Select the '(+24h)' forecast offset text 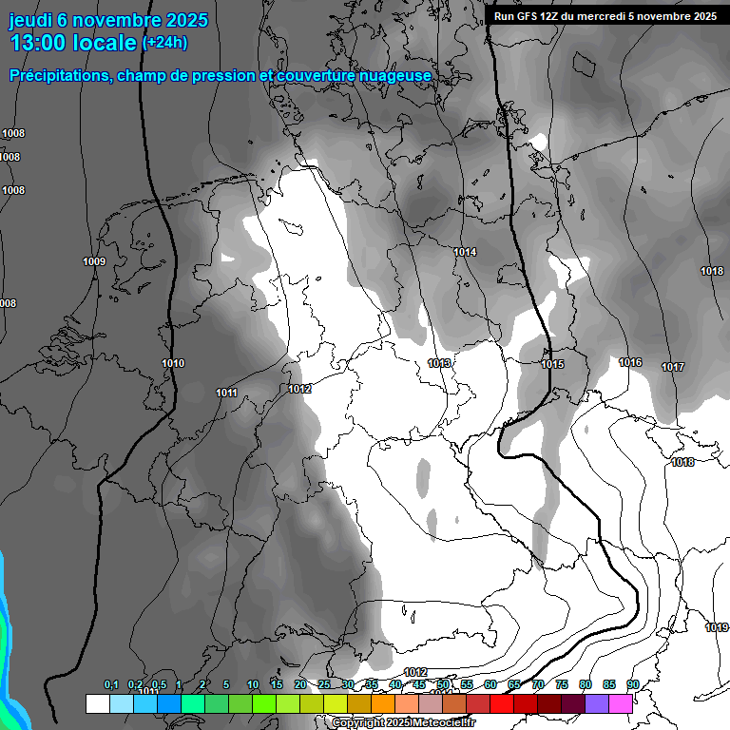pyautogui.click(x=164, y=43)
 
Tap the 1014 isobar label pyautogui.click(x=465, y=252)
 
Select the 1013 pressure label pyautogui.click(x=439, y=363)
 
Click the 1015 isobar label pyautogui.click(x=552, y=364)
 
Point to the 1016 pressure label pyautogui.click(x=630, y=362)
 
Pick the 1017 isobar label pyautogui.click(x=673, y=367)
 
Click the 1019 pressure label pyautogui.click(x=717, y=627)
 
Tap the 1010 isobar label pyautogui.click(x=173, y=363)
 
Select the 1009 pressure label pyautogui.click(x=94, y=261)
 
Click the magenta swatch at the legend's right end pyautogui.click(x=621, y=703)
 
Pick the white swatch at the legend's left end pyautogui.click(x=97, y=703)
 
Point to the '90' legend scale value pyautogui.click(x=632, y=684)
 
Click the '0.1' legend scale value pyautogui.click(x=111, y=684)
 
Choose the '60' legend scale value pyautogui.click(x=490, y=684)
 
